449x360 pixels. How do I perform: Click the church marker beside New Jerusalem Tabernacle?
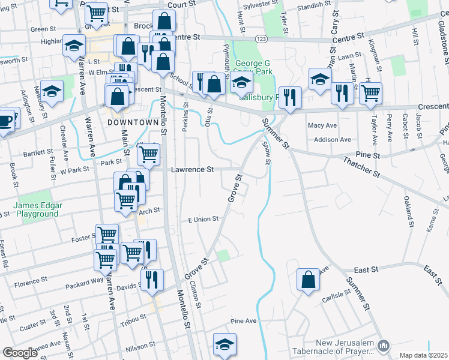tap(385, 344)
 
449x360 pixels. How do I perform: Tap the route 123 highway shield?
tap(262, 38)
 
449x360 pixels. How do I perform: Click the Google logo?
tap(20, 353)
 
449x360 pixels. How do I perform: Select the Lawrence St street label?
tap(192, 170)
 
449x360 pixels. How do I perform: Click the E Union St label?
tap(202, 220)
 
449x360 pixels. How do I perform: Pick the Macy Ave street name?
tap(322, 125)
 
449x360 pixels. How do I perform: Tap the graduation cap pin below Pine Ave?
tap(224, 344)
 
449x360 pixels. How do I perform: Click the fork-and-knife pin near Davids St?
tap(152, 280)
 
